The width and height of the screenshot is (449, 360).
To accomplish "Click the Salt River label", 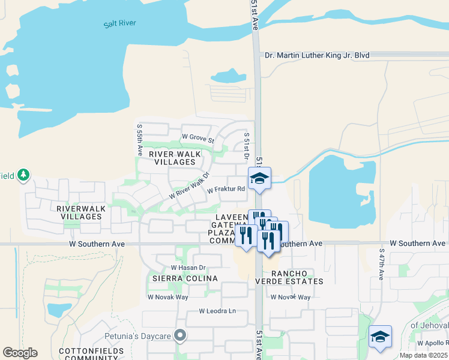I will pos(119,23).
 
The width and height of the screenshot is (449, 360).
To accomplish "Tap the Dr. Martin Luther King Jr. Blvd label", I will pos(317,55).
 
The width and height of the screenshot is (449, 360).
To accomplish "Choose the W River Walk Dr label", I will pos(188,186).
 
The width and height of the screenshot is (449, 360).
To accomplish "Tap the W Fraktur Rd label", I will pos(226,190).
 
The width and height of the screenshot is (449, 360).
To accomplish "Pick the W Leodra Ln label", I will pos(218,311).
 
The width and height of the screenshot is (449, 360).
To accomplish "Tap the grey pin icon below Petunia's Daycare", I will pos(179,335).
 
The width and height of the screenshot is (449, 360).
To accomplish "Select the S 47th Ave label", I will pos(381,265).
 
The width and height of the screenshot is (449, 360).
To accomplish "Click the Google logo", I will pos(20,353).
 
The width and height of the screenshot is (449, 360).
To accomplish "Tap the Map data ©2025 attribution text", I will pos(424,355).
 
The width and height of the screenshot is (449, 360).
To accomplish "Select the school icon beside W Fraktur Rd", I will pos(260,178).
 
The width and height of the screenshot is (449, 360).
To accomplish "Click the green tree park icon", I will pos(23,175).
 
